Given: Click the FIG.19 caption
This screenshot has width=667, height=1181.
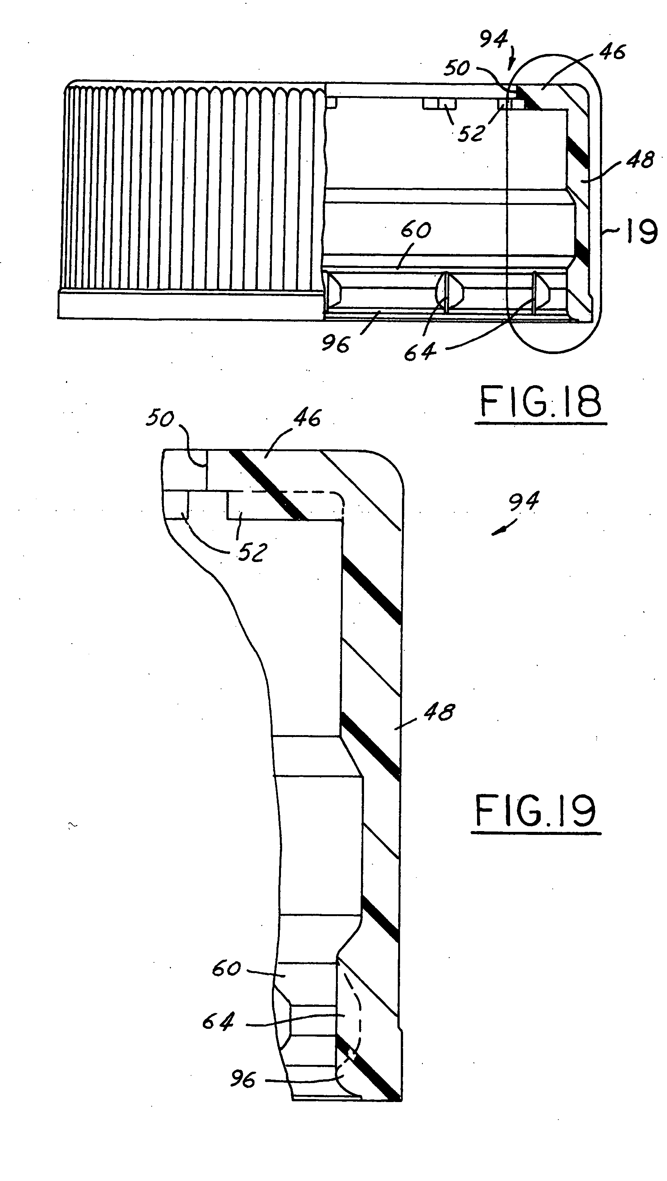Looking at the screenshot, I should point(535,811).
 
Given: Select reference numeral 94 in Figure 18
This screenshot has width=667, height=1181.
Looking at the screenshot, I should point(493,39).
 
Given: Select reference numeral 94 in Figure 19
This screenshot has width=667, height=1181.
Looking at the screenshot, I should point(524,502).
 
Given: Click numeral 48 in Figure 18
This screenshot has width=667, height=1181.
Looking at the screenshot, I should point(640,159).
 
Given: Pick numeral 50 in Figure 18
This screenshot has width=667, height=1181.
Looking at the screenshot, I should point(456,68).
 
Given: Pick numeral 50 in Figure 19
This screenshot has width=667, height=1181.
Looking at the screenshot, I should point(160,419).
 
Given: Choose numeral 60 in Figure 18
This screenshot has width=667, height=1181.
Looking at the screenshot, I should point(416,230).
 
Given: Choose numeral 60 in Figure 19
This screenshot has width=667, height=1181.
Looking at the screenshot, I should point(226,969).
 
